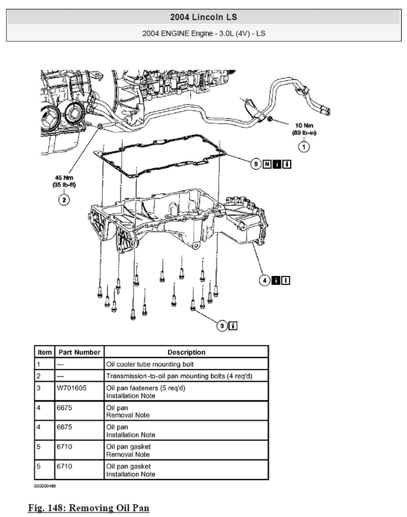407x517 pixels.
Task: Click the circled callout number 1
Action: click(304, 147)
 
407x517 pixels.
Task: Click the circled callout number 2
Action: click(64, 200)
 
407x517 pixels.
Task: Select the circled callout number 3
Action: click(222, 326)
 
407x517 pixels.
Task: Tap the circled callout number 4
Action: click(265, 280)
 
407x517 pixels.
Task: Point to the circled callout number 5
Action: click(256, 164)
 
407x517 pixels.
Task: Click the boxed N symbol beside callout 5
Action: click(267, 164)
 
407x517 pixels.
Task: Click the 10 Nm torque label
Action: click(304, 125)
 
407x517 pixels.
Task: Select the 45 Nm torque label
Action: click(64, 177)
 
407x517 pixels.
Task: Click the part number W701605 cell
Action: click(72, 388)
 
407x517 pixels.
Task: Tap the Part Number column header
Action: click(79, 352)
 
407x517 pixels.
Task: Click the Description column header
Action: click(186, 352)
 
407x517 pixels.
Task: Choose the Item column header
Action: click(45, 352)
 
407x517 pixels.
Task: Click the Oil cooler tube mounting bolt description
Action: click(150, 364)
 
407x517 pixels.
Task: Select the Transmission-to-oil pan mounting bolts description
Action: click(180, 376)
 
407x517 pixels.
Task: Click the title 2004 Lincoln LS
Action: click(203, 17)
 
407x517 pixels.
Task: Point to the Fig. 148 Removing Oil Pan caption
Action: click(89, 507)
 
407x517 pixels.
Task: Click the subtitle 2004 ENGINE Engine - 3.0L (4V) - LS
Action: click(203, 34)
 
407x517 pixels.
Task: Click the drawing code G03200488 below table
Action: click(45, 486)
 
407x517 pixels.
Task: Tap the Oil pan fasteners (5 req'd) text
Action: click(145, 388)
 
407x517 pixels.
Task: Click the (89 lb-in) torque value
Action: click(304, 132)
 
